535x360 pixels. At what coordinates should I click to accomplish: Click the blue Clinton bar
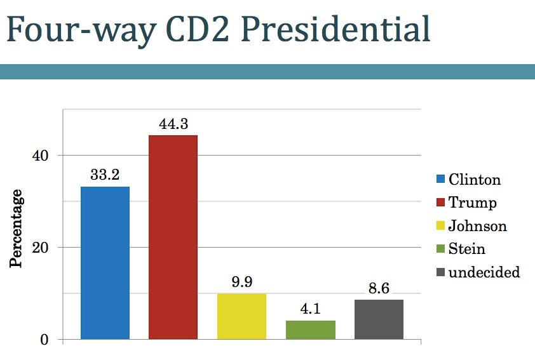point(105,263)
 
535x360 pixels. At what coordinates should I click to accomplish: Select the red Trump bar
point(173,237)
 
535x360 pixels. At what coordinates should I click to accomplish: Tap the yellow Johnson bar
point(241,316)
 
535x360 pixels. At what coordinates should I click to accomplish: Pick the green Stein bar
point(310,330)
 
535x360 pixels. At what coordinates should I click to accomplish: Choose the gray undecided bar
point(379,319)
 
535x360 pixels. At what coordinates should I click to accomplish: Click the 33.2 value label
point(105,175)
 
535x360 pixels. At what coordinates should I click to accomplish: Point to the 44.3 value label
point(173,124)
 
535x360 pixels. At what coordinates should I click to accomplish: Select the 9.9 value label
point(241,283)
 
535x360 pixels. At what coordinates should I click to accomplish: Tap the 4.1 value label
point(310,309)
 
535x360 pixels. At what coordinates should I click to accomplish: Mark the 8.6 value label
point(379,288)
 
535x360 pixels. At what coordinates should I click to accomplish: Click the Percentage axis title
point(17,227)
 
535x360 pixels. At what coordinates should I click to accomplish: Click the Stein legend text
point(467,249)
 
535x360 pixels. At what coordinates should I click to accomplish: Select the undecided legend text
point(484,272)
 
